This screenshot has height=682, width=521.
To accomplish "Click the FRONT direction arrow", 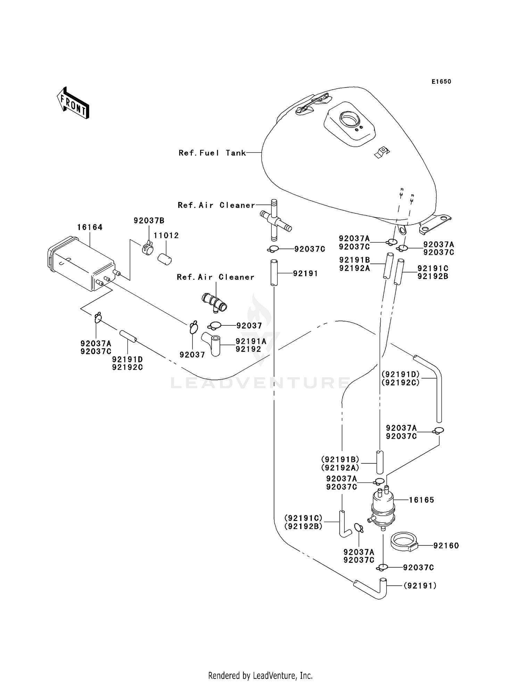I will tap(73, 104).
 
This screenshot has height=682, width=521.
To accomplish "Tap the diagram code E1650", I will tap(441, 82).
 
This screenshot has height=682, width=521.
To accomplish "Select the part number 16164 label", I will tap(90, 227).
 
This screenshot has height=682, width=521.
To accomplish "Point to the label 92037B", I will tap(149, 220).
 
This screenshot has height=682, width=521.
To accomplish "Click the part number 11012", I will tap(166, 235).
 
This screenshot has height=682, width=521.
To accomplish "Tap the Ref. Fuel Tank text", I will tap(212, 153).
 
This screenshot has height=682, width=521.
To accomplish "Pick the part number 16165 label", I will tap(421, 500).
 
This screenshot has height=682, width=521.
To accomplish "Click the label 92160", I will tap(446, 546).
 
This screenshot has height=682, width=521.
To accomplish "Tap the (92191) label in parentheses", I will tap(420, 586).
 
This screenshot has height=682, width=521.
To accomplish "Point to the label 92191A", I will tap(251, 341).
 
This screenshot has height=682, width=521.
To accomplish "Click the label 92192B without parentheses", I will tap(433, 276).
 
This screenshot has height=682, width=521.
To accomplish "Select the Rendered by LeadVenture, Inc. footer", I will tap(260, 675).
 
